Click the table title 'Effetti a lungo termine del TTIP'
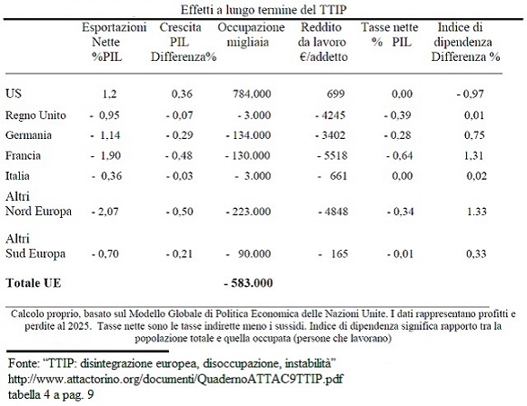[263, 9]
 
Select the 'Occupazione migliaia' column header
[251, 35]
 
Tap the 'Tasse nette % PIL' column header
[390, 35]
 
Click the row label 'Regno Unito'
[35, 115]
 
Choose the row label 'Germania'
[28, 135]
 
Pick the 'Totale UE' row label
[34, 283]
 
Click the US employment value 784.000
[252, 94]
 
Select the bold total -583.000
[248, 283]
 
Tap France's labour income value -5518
[333, 155]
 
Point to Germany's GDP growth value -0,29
[180, 135]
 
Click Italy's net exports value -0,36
[107, 176]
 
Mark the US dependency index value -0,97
[470, 94]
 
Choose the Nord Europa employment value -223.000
[248, 212]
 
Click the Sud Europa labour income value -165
[333, 253]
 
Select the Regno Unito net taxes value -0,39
[398, 115]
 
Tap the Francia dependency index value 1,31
[474, 155]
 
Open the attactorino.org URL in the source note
[175, 379]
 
